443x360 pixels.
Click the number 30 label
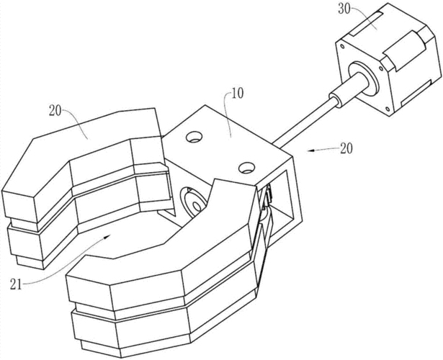344,9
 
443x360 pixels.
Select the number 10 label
237,94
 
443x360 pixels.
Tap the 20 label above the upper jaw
55,111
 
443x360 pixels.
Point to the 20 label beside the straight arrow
346,148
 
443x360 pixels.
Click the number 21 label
16,284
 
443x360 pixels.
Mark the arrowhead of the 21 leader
107,238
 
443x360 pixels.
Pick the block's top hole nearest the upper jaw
194,137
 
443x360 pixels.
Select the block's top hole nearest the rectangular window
246,168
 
